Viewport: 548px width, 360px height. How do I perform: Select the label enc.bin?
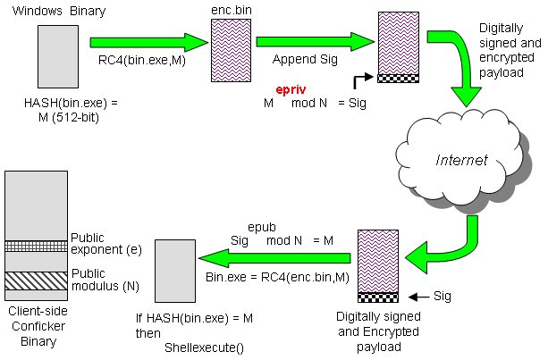pyautogui.click(x=224, y=8)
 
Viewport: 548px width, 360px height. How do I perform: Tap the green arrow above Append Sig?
pyautogui.click(x=315, y=41)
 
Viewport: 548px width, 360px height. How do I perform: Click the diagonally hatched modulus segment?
pyautogui.click(x=36, y=280)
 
